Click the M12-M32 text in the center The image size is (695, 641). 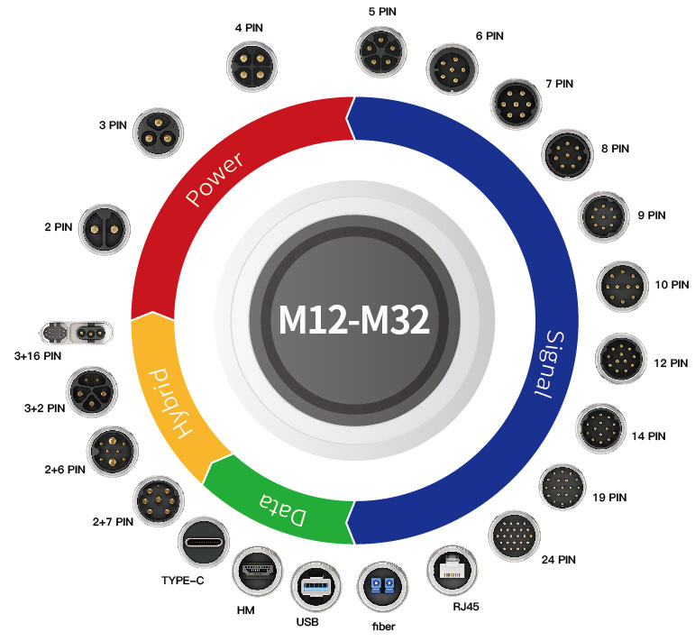point(354,320)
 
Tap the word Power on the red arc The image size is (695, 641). point(215,179)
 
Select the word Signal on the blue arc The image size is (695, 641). point(550,364)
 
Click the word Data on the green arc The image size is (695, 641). point(283,509)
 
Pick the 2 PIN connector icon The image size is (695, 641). point(105,229)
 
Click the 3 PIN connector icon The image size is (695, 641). point(159,133)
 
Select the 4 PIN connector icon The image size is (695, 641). point(251,66)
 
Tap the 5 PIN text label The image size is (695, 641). point(382,12)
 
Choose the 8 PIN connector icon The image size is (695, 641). point(567,155)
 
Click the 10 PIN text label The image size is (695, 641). point(672,285)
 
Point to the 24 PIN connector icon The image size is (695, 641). point(515,536)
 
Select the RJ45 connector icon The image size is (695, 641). point(453,571)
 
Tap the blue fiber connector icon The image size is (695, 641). point(382,587)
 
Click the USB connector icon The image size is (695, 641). point(316,587)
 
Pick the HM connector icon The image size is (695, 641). point(257,572)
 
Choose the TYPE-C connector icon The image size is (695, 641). point(204,542)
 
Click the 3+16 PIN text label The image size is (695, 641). point(38,356)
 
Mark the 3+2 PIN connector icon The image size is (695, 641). point(92,392)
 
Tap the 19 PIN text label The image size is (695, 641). point(609,498)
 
